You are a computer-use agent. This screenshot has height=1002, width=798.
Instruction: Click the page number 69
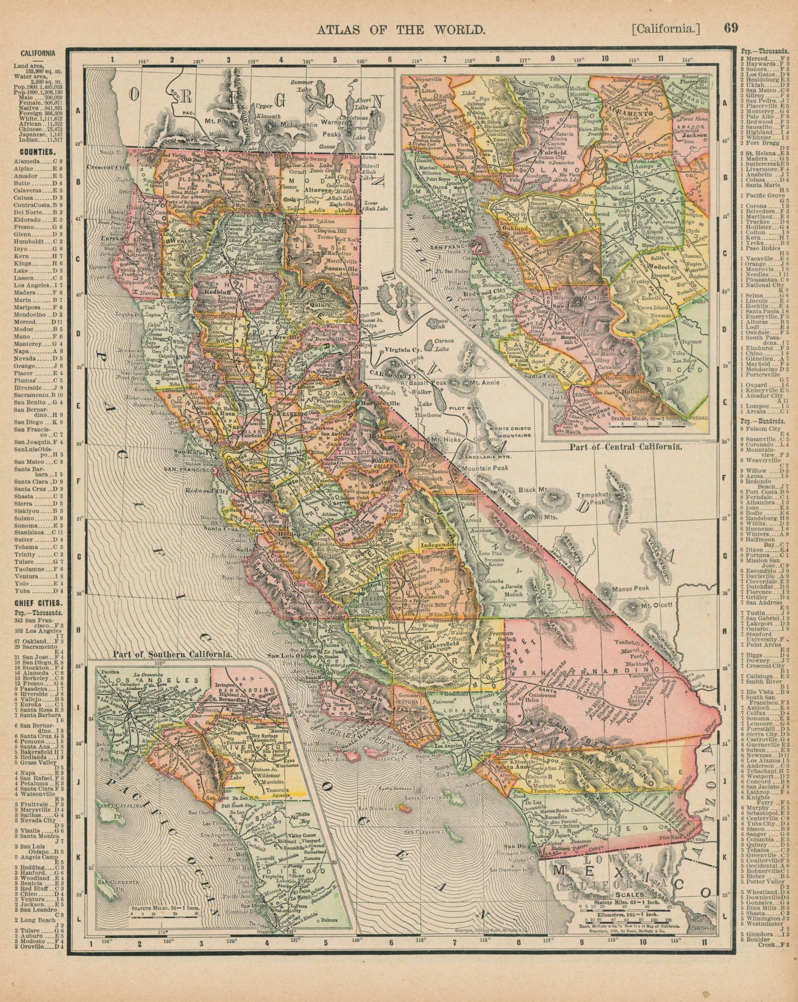731,28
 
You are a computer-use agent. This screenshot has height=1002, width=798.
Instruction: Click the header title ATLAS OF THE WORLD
401,29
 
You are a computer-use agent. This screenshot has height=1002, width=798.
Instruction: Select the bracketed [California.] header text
665,29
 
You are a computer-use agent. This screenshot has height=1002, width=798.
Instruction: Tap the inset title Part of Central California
625,447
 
